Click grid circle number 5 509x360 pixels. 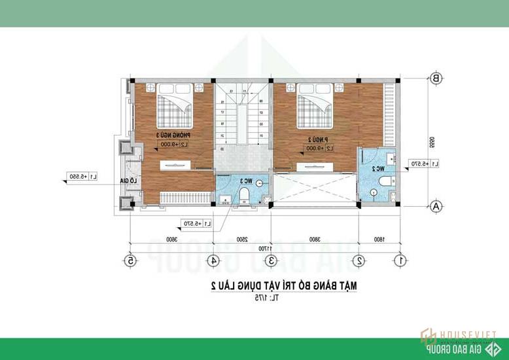point(131,261)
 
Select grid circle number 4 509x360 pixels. point(213,261)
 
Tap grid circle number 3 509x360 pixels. point(270,261)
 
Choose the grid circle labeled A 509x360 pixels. point(435,206)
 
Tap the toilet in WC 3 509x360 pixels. point(244,194)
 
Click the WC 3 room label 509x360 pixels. point(245,181)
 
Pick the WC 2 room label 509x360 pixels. point(377,168)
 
